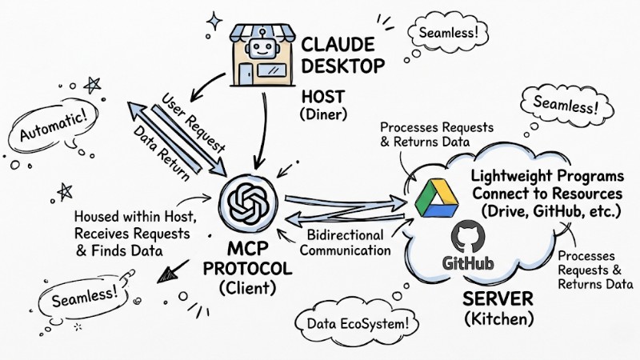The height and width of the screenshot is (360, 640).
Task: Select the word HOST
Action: [x=322, y=96]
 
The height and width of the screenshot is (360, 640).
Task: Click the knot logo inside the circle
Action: [x=246, y=200]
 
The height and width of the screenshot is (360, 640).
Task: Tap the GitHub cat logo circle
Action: [x=468, y=238]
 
